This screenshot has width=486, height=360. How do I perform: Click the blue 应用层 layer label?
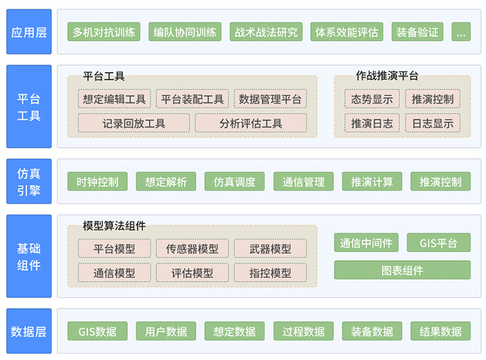click(x=29, y=32)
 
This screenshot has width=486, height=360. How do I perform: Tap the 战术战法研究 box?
click(x=267, y=32)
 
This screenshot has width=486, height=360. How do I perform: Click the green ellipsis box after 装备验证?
click(x=460, y=32)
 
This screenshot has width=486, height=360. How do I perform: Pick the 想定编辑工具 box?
click(x=114, y=99)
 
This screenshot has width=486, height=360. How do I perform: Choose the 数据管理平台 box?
click(x=271, y=99)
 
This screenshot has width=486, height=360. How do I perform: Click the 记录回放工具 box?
click(x=134, y=123)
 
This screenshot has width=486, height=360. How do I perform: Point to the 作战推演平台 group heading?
click(x=387, y=76)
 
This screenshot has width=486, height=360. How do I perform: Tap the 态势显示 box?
click(x=372, y=99)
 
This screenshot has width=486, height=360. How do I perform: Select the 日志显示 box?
click(x=433, y=123)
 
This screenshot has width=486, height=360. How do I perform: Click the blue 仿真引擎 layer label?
click(x=29, y=182)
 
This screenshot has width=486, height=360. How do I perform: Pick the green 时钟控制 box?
click(x=98, y=182)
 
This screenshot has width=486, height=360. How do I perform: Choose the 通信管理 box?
click(x=303, y=182)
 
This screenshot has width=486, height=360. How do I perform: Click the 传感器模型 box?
click(x=192, y=249)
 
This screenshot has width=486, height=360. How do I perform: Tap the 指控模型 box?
click(x=271, y=273)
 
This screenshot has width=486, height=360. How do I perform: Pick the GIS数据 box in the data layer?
click(x=97, y=332)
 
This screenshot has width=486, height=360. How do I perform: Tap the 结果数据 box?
click(x=441, y=332)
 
